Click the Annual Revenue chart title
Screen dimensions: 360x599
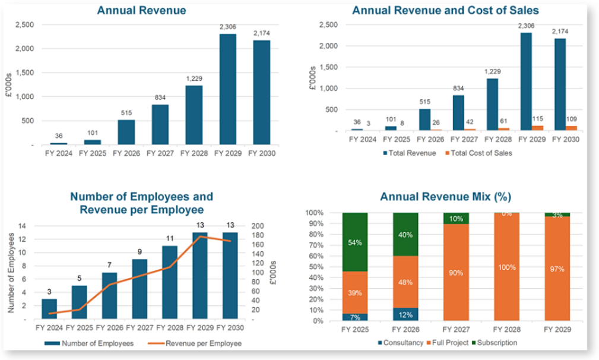pyautogui.click(x=141, y=10)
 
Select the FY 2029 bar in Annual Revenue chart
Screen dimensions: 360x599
pyautogui.click(x=227, y=89)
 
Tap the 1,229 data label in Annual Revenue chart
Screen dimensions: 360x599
pyautogui.click(x=194, y=79)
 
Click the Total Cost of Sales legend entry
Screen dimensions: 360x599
pyautogui.click(x=480, y=153)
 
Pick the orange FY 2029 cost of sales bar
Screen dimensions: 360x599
pyautogui.click(x=538, y=128)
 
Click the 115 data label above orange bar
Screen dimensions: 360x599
pyautogui.click(x=538, y=118)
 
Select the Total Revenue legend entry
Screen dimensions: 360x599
pyautogui.click(x=411, y=153)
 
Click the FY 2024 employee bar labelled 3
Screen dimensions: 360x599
pyautogui.click(x=50, y=309)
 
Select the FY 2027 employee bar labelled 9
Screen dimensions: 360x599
pyautogui.click(x=139, y=289)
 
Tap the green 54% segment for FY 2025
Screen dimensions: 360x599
pyautogui.click(x=355, y=242)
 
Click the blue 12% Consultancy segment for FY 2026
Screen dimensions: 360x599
pyautogui.click(x=405, y=314)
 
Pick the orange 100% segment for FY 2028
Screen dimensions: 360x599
pyautogui.click(x=506, y=267)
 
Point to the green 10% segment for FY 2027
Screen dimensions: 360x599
pyautogui.click(x=456, y=219)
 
